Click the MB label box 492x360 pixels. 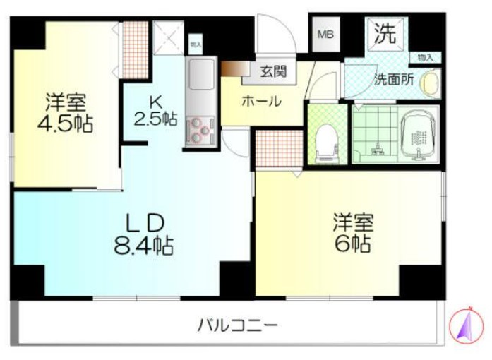pos(325,34)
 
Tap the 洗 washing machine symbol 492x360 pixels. pos(385,32)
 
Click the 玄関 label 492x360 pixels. pos(272,71)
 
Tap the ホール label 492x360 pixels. pos(262,101)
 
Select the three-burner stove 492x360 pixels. pos(200,130)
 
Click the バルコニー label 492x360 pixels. pos(236,326)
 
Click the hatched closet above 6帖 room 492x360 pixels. pos(277,147)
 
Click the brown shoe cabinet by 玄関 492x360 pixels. pos(232,70)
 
